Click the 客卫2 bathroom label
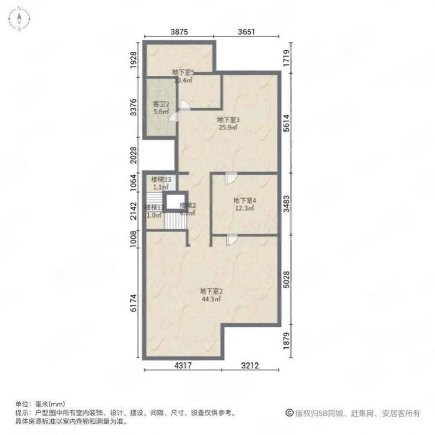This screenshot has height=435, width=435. [x=159, y=104]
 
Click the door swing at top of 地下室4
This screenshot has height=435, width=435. [x=231, y=178]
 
